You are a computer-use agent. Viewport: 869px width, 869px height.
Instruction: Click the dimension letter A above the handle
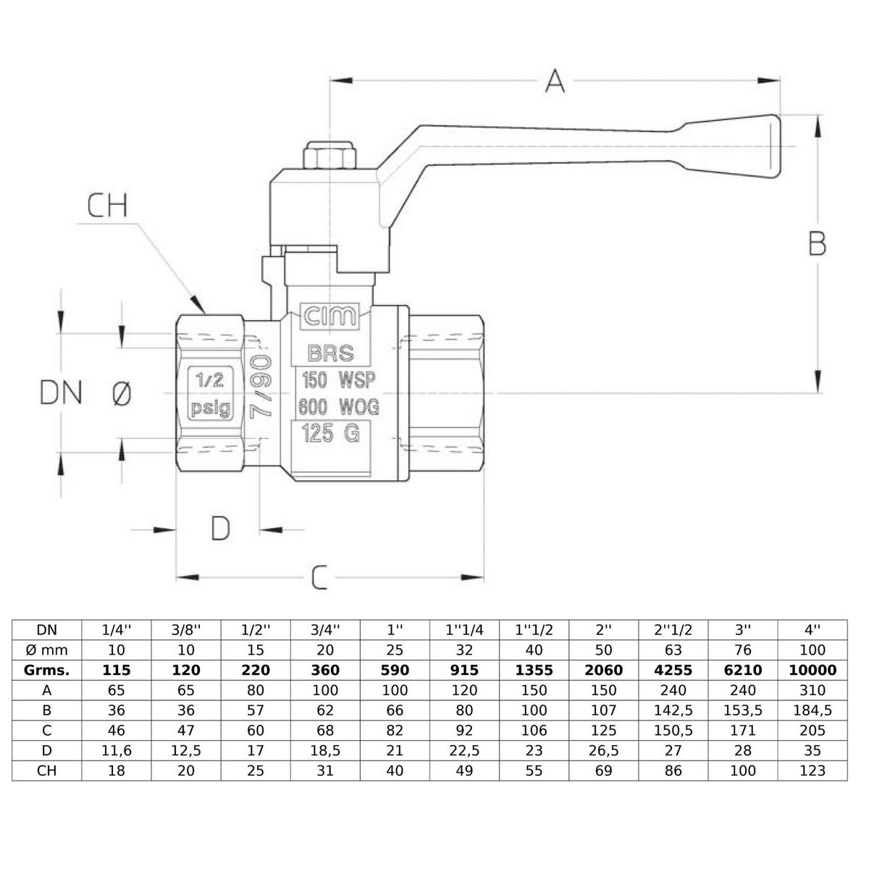pos(555,81)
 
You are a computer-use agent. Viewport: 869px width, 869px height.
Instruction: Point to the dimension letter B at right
pos(817,244)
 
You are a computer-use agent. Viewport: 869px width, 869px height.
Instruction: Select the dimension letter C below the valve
pos(319,577)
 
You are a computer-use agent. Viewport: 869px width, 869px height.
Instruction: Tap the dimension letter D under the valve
pos(221,528)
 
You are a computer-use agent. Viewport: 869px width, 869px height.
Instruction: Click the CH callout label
pos(107,205)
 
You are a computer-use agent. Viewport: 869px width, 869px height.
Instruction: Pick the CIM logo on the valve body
pos(329,316)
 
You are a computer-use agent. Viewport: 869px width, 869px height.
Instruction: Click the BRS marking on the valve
pos(330,353)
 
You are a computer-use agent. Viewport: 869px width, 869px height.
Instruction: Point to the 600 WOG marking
pos(338,407)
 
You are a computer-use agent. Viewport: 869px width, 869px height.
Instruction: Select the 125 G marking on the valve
pos(330,433)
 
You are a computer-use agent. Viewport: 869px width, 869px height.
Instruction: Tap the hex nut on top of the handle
pos(329,155)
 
